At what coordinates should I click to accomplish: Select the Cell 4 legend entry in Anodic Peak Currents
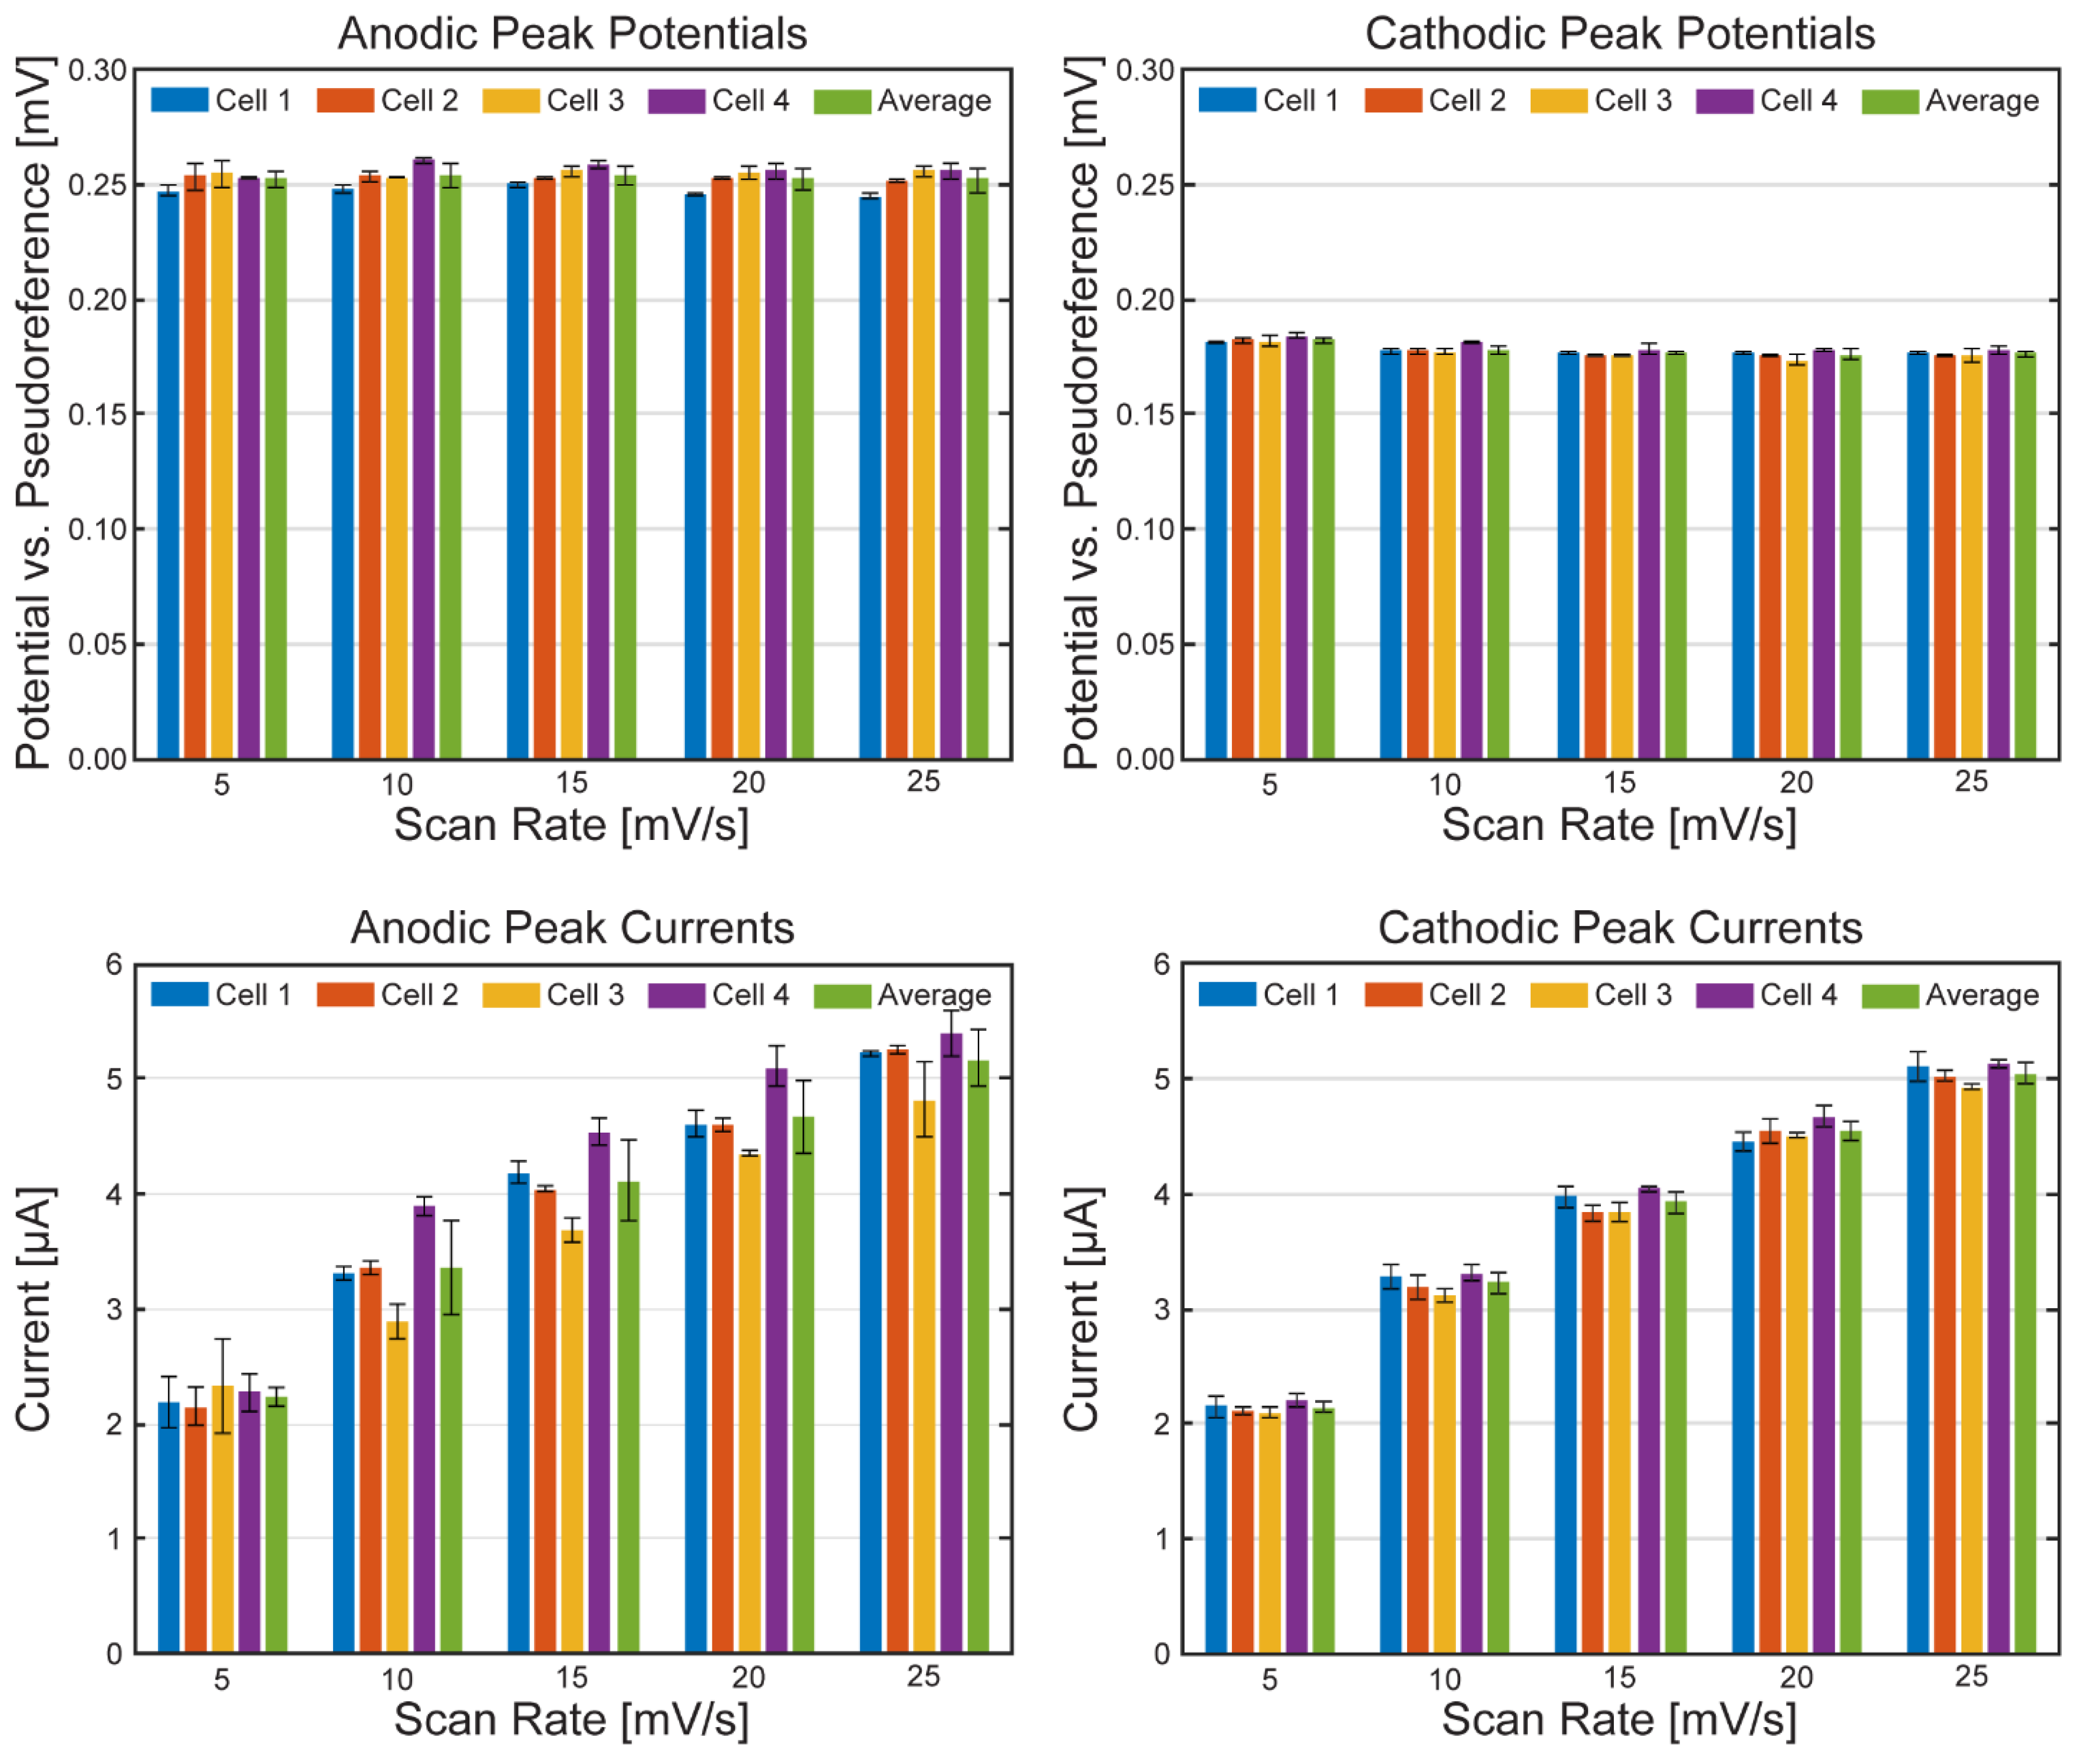(719, 995)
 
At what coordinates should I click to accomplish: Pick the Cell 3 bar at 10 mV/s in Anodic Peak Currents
(396, 1488)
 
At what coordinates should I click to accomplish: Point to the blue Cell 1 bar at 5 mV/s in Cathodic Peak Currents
(1216, 1528)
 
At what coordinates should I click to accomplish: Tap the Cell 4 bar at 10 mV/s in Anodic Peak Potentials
(423, 460)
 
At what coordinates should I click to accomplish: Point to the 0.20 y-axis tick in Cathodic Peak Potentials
(1145, 300)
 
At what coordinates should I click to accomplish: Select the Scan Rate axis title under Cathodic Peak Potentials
(1619, 825)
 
